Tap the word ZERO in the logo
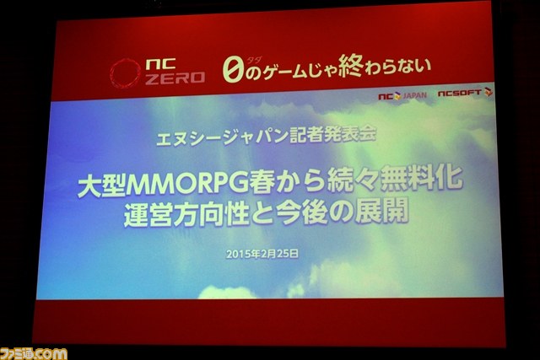[x=175, y=78]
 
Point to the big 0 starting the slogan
[x=233, y=71]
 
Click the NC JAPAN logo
[x=402, y=95]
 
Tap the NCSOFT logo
[x=465, y=93]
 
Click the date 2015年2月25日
[x=262, y=254]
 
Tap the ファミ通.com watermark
[x=34, y=354]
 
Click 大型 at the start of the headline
[x=101, y=187]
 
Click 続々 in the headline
[x=353, y=180]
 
